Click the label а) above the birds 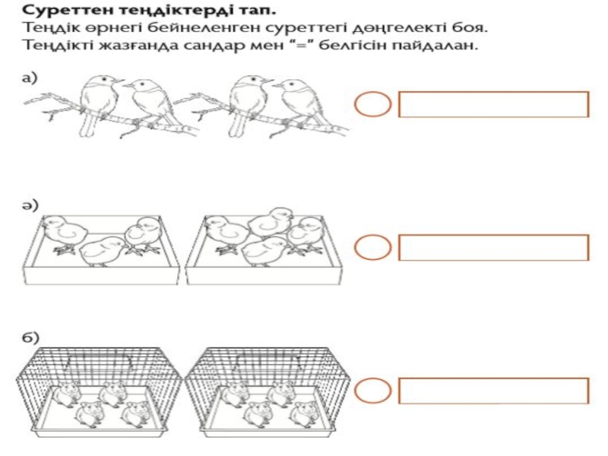click(x=30, y=78)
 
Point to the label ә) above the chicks click(x=30, y=205)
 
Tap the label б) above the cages click(x=30, y=337)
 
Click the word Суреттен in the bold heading click(x=68, y=10)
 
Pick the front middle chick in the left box click(x=103, y=252)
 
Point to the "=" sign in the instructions click(x=301, y=46)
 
